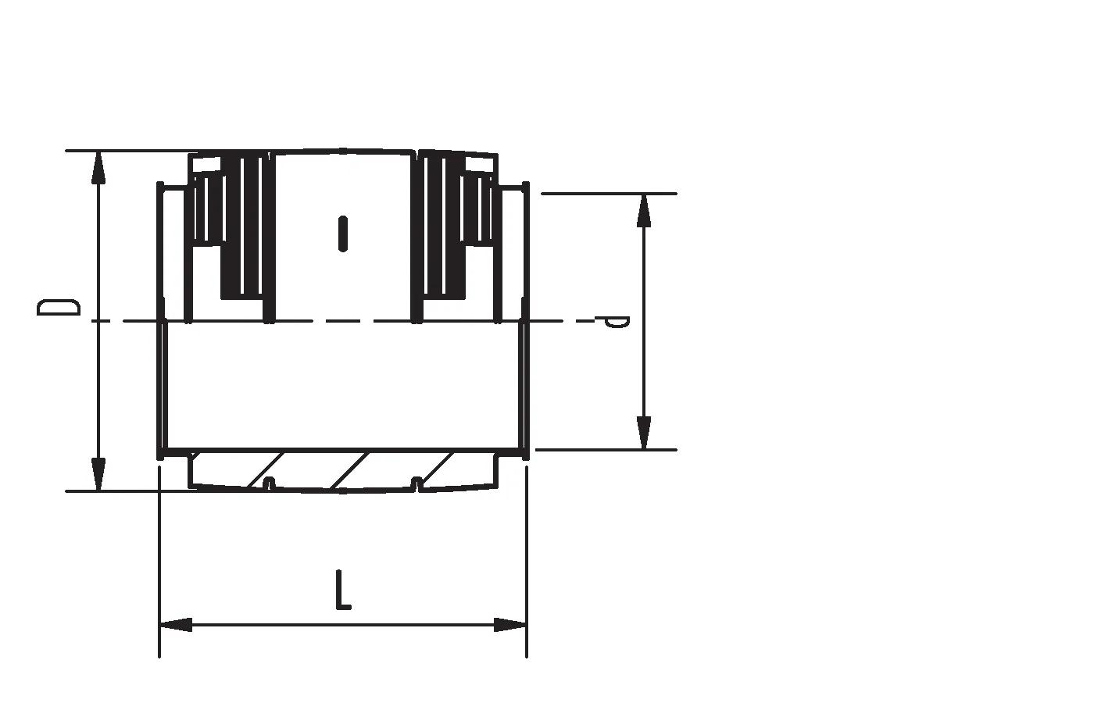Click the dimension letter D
58,307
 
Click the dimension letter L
343,589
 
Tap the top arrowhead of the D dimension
98,168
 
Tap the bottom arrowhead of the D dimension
98,474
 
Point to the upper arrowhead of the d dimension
644,211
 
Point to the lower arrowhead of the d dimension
644,433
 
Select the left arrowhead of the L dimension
176,624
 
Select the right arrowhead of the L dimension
510,624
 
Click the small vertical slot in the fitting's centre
343,234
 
